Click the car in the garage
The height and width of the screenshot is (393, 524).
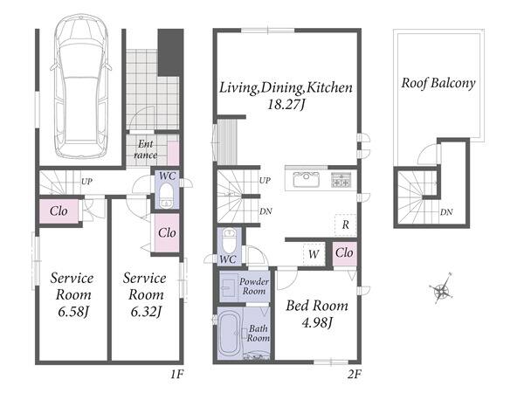(80, 86)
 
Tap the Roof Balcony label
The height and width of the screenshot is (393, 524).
(438, 83)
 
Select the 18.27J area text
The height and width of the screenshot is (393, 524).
(286, 105)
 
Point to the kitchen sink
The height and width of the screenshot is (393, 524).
(307, 179)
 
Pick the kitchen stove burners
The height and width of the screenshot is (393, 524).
(341, 180)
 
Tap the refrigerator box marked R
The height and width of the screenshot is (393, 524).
(345, 225)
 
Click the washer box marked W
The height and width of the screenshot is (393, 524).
(314, 255)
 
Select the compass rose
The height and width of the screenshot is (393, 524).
(442, 288)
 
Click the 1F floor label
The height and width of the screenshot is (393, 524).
(176, 374)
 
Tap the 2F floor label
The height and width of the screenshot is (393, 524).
(355, 374)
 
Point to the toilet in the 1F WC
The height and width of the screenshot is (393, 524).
(166, 196)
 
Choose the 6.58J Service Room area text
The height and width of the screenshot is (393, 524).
(73, 312)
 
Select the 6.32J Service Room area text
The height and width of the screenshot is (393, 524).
(146, 312)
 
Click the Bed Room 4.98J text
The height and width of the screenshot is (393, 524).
(317, 314)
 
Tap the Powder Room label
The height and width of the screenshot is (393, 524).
(253, 286)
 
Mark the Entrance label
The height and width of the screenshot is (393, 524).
(146, 149)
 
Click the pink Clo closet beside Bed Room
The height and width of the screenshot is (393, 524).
(345, 253)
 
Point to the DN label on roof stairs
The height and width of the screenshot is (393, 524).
(446, 212)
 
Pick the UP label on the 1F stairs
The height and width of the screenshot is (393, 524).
(86, 182)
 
